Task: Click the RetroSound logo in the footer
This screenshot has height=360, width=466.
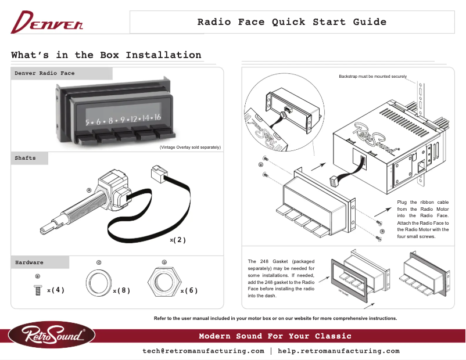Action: click(x=51, y=336)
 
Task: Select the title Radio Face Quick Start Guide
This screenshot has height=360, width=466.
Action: click(x=292, y=22)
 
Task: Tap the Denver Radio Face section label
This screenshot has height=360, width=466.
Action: click(x=45, y=73)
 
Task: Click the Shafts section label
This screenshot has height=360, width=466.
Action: click(x=25, y=158)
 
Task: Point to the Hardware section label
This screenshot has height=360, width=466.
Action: click(x=29, y=262)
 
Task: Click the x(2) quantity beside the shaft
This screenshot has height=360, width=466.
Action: click(x=177, y=240)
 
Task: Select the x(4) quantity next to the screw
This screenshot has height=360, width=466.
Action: click(x=56, y=290)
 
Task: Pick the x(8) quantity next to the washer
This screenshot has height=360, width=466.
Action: click(x=121, y=290)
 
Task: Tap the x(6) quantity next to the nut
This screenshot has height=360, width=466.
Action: click(x=189, y=290)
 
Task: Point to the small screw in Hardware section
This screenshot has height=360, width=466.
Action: click(x=38, y=289)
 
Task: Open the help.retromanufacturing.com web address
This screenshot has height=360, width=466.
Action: click(x=339, y=351)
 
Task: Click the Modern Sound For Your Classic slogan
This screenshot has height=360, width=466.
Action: click(x=275, y=336)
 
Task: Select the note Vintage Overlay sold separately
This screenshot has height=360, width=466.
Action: click(x=190, y=148)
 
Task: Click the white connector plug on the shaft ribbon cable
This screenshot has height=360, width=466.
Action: click(x=159, y=172)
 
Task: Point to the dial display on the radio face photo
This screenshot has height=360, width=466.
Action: click(x=123, y=119)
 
